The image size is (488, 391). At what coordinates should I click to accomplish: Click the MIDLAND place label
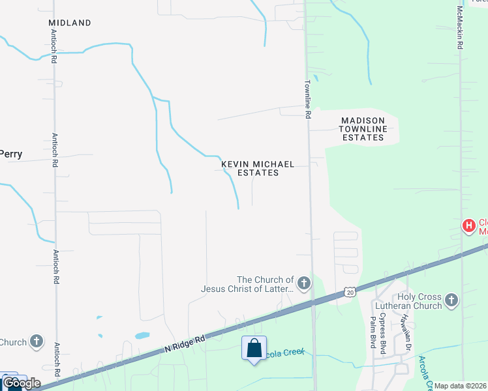point(70,23)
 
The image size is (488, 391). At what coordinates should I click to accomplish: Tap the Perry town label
point(11,155)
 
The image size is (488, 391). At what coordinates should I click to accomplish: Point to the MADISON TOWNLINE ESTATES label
point(363,129)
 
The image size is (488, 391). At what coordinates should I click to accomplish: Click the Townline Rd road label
point(307,99)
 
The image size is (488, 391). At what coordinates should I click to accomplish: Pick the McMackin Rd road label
point(460,29)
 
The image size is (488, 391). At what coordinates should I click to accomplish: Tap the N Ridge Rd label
point(185,344)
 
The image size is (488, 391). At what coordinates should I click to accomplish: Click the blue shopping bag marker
point(254,347)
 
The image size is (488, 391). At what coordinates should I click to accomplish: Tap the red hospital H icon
point(468,226)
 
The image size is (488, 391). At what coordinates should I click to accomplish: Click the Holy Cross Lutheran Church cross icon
point(451,300)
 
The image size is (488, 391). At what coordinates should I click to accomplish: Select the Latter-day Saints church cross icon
point(303,283)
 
